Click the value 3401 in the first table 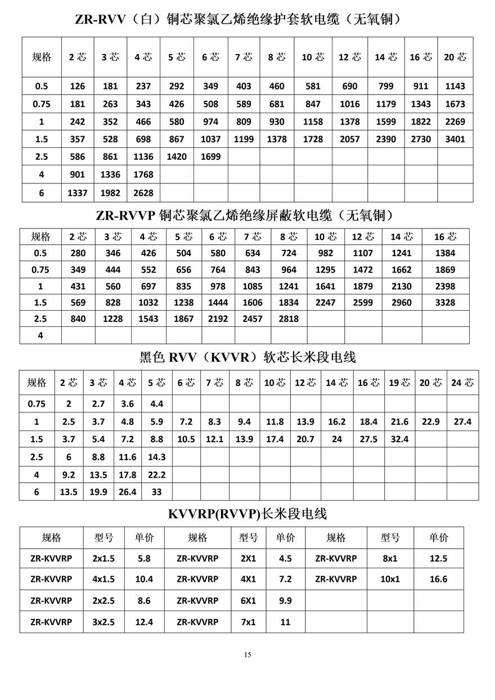point(455,139)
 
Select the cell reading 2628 point(143,192)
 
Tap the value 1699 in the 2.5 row point(210,156)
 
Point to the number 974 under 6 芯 point(210,122)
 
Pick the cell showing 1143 point(455,86)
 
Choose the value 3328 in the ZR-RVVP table point(445,302)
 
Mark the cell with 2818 point(289,318)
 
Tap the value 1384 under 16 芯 point(445,253)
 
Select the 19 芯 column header point(399,383)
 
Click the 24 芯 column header point(462,383)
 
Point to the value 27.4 point(462,421)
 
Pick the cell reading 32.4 point(399,439)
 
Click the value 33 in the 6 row point(156,492)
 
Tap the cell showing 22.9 point(430,421)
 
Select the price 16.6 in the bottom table point(438,579)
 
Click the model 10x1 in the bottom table point(390,579)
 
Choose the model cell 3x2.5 point(103,622)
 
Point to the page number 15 point(247,654)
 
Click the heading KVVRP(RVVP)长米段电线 point(247,514)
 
